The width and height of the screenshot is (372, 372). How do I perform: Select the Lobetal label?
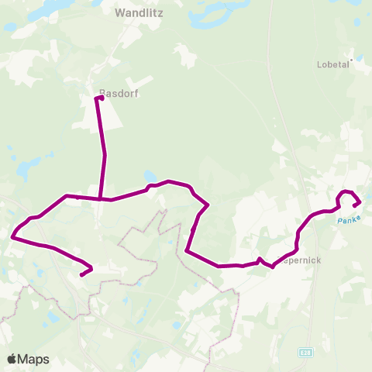pyautogui.click(x=334, y=65)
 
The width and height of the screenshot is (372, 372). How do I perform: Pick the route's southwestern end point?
pyautogui.click(x=81, y=274)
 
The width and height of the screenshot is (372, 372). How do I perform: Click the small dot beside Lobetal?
pyautogui.click(x=352, y=59)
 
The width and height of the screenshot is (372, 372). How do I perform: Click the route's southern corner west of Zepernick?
pyautogui.click(x=188, y=250)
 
